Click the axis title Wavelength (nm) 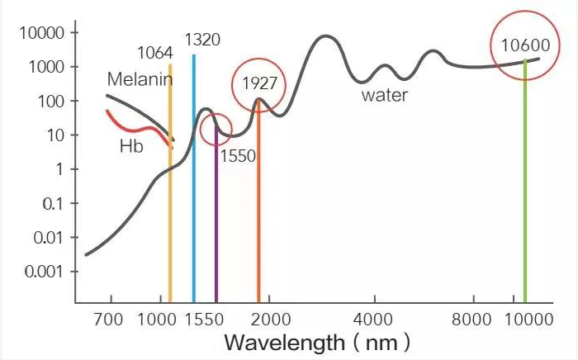pos(317,341)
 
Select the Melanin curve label pos(140,79)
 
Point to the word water pos(384,95)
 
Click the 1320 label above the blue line pos(202,40)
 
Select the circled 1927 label pos(258,83)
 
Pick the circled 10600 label pos(524,45)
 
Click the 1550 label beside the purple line pos(238,155)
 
